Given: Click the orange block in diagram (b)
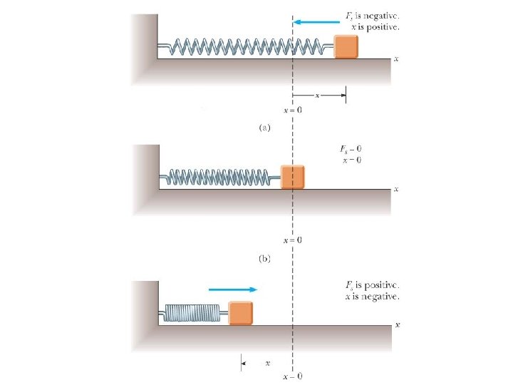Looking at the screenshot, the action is (x=292, y=176).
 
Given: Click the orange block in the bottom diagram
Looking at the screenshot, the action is (x=240, y=312).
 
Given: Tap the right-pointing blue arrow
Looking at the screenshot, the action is (x=232, y=289).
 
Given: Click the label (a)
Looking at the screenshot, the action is (x=264, y=128).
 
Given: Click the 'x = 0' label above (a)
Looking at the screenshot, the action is (x=293, y=111).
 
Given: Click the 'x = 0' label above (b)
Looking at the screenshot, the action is (x=293, y=240).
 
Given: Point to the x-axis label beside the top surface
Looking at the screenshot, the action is (x=395, y=59).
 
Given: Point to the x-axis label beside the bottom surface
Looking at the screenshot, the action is (x=397, y=324).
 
